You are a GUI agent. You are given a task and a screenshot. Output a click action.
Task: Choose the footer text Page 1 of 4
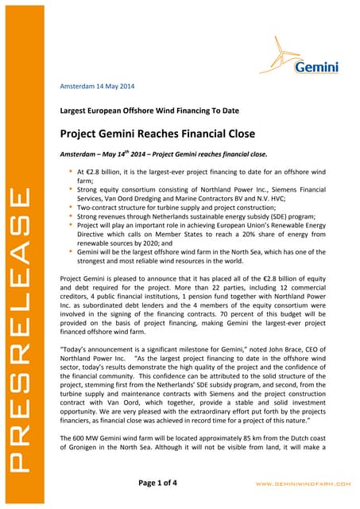(x=180, y=482)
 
